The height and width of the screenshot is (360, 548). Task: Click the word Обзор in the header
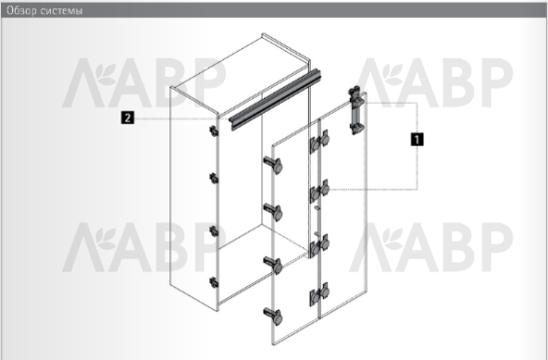(22, 11)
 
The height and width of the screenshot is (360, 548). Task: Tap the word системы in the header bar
(61, 11)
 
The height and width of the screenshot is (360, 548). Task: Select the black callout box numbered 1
(416, 139)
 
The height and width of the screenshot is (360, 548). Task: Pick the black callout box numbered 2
(128, 118)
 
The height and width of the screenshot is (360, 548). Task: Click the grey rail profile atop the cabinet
(274, 99)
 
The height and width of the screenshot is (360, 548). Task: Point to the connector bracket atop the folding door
(356, 111)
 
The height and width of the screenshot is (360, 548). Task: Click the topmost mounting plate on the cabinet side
(213, 131)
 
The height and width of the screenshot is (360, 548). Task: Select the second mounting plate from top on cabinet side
(213, 179)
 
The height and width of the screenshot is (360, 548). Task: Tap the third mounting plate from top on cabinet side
(213, 231)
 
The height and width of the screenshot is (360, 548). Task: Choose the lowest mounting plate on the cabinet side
(213, 282)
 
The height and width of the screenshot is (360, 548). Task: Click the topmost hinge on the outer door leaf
(273, 166)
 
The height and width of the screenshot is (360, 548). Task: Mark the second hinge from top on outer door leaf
(273, 212)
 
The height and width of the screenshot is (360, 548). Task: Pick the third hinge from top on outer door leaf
(273, 265)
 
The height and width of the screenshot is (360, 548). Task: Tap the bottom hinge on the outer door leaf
(273, 316)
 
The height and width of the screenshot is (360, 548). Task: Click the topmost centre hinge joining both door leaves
(320, 141)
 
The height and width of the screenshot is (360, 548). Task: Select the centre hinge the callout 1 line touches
(320, 190)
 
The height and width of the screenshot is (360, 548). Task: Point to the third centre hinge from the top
(320, 245)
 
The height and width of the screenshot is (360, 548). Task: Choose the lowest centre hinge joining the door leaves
(320, 294)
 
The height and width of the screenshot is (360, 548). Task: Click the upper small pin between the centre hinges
(317, 207)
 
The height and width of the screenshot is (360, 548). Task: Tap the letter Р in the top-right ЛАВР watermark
(495, 83)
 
